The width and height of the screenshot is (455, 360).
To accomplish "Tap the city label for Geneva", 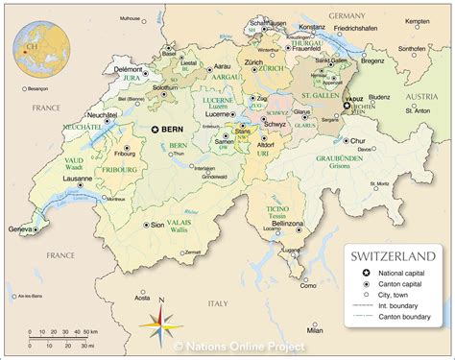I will (x=18, y=230).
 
